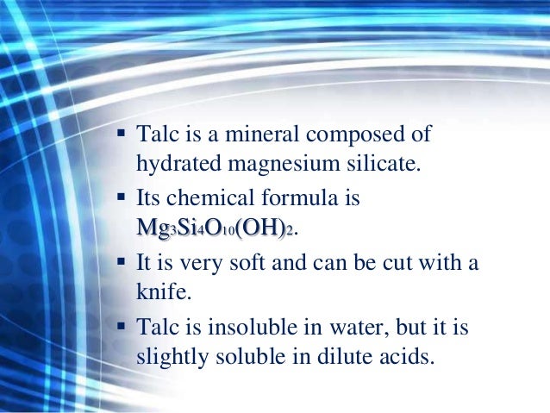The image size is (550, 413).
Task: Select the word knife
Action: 162,291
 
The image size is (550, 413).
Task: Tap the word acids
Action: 401,354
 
